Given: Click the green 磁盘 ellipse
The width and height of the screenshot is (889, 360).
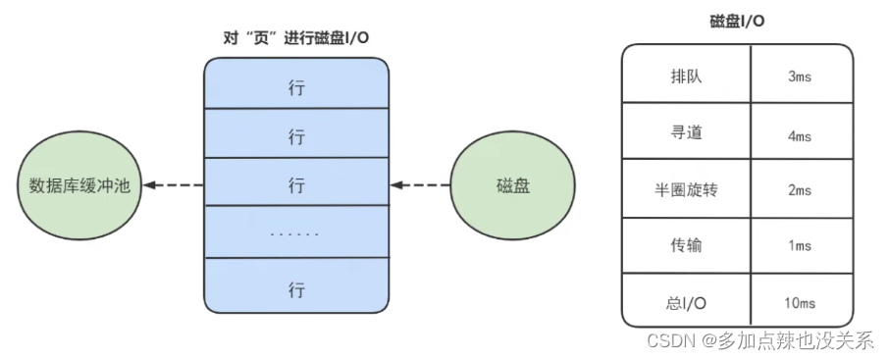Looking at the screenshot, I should [508, 184].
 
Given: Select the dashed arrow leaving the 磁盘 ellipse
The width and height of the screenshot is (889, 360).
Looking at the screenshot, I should [420, 184].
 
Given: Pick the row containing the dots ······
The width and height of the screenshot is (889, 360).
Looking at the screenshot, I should [295, 232].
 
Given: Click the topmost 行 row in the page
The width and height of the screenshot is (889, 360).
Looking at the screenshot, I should [295, 87].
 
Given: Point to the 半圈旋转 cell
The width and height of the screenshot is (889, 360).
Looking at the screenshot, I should [686, 189].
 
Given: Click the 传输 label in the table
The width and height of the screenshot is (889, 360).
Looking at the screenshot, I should [686, 245].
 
